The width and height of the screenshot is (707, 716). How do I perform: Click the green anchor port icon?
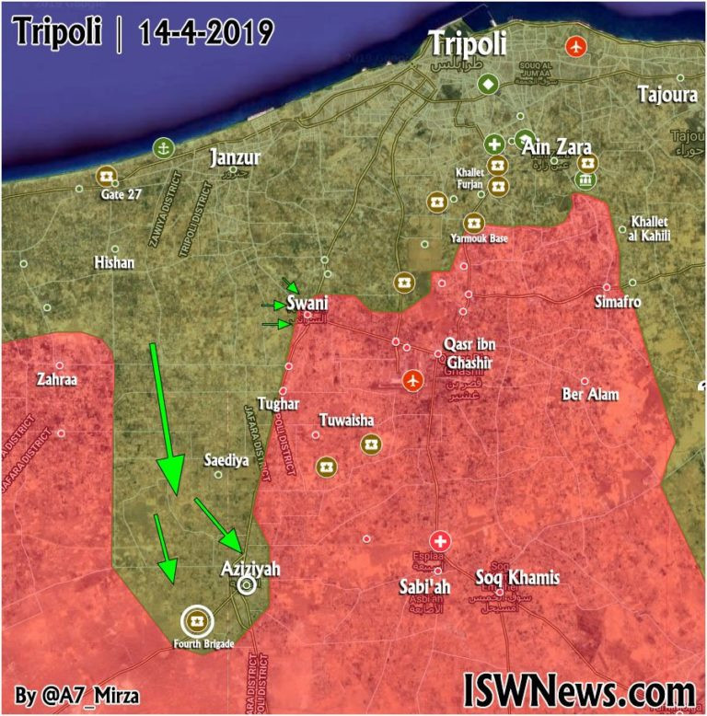[x=163, y=147]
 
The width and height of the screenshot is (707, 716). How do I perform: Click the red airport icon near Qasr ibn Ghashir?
[x=411, y=378]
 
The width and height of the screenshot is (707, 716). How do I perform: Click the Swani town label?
[x=307, y=303]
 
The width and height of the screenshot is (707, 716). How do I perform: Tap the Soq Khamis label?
[x=516, y=578]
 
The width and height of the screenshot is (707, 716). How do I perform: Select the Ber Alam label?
[x=590, y=395]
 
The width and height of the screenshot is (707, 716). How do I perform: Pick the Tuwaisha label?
[x=346, y=421]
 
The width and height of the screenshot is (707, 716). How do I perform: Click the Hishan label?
[x=114, y=263]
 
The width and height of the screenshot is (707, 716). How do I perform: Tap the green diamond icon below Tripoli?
[x=487, y=84]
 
